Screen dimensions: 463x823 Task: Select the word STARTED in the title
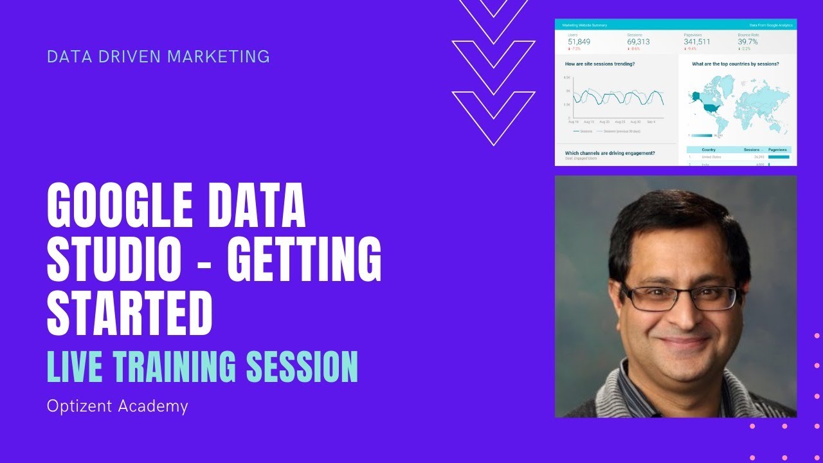(x=130, y=313)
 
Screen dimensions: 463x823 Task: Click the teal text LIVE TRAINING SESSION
(x=202, y=366)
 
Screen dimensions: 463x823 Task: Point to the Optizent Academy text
(x=117, y=406)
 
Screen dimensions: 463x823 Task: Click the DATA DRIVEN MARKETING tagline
(x=158, y=57)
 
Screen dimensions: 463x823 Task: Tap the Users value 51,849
(x=579, y=42)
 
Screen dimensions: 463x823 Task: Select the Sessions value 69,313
(x=638, y=42)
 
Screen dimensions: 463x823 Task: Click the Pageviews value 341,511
(x=697, y=42)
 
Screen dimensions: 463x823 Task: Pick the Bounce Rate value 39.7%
(x=748, y=42)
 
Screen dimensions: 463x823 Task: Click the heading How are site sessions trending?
(x=600, y=64)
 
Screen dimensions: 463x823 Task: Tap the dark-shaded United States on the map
(x=710, y=107)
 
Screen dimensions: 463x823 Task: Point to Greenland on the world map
(x=726, y=83)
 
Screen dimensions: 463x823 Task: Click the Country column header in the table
(x=709, y=150)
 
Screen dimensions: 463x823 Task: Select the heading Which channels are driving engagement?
(x=610, y=153)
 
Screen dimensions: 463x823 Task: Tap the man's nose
(x=683, y=315)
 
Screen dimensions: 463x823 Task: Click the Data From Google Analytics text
(x=771, y=25)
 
